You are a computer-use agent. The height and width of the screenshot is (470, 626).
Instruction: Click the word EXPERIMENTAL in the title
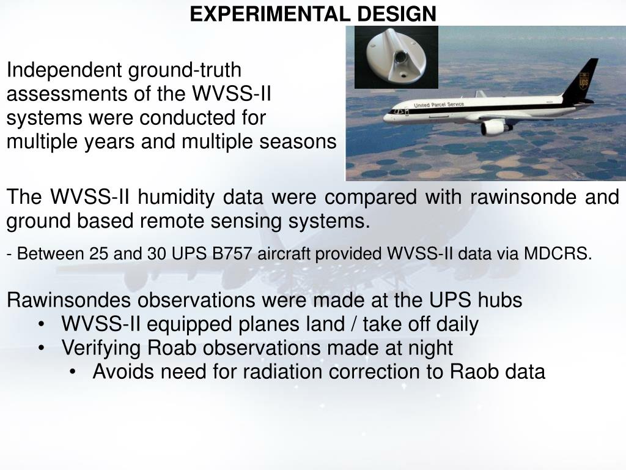[270, 14]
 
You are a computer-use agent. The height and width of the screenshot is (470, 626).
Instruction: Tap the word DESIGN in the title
[396, 14]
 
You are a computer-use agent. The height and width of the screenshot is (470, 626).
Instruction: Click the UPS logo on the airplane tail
[584, 81]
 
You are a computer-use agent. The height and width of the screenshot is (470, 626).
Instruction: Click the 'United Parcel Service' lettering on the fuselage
[439, 105]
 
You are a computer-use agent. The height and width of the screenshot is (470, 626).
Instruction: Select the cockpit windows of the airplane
[397, 111]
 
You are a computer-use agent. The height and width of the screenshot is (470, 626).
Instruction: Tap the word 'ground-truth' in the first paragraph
[185, 70]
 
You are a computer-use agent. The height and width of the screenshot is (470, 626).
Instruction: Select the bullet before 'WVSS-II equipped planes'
[41, 324]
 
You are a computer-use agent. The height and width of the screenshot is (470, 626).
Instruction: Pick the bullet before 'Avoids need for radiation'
[72, 373]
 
